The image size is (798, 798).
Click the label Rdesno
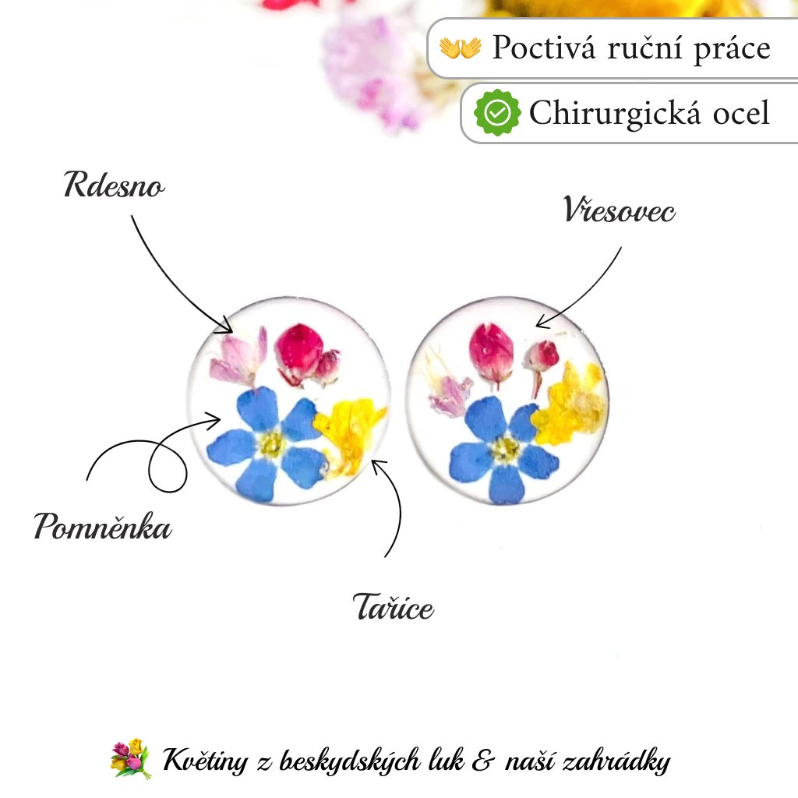(114, 187)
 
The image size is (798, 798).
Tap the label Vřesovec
(619, 211)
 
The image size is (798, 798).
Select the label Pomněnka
(103, 528)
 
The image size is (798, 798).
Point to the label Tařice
(393, 607)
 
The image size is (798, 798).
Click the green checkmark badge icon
(497, 113)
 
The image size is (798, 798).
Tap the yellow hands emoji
(461, 48)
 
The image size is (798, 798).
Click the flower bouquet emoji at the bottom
(129, 759)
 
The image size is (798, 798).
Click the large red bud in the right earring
(492, 351)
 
